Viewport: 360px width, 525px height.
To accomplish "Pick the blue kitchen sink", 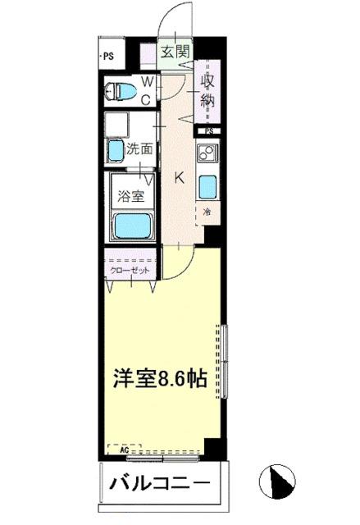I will (208, 188).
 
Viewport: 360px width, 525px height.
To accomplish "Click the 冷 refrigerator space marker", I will (207, 213).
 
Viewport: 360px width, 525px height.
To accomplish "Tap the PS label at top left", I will (107, 56).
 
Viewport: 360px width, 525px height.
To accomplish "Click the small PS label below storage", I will (210, 130).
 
